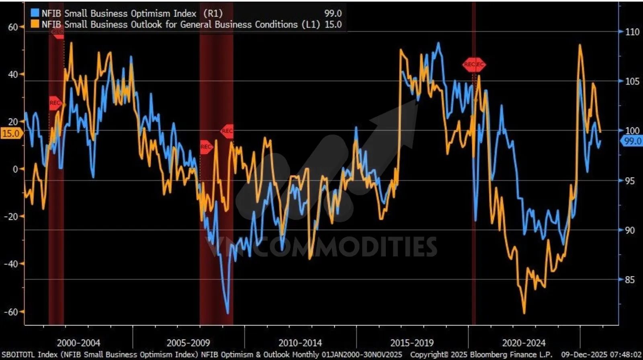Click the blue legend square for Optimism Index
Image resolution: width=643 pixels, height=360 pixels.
(x=35, y=13)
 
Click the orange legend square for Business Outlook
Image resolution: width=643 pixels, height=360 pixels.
(x=35, y=24)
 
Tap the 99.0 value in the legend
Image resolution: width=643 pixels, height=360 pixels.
(x=333, y=13)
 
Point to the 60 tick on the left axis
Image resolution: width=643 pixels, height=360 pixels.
(x=13, y=27)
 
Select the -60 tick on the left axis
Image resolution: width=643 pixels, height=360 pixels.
(x=11, y=312)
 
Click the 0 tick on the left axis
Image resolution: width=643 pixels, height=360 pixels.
(x=15, y=169)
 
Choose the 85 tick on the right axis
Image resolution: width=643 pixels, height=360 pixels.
(x=630, y=280)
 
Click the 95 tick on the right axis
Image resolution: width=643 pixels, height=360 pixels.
(x=630, y=181)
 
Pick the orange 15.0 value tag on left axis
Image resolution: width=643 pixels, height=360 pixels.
(x=11, y=134)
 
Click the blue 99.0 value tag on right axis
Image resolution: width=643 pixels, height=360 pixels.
(x=633, y=141)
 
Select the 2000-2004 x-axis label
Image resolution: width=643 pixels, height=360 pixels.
(x=78, y=343)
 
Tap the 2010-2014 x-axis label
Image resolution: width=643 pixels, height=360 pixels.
(x=300, y=343)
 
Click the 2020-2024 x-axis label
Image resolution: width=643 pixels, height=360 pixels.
(x=524, y=343)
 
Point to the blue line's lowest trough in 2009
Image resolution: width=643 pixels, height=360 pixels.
(x=227, y=313)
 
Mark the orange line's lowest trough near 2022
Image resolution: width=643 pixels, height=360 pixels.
(x=524, y=313)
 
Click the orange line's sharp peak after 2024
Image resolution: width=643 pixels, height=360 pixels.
(x=580, y=45)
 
